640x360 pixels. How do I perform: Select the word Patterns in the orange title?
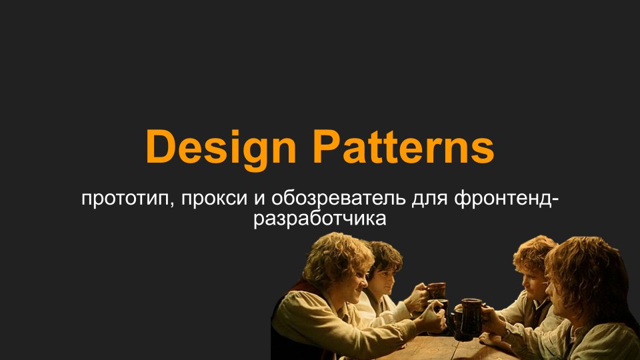tap(404, 146)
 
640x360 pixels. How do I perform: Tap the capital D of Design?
tap(161, 146)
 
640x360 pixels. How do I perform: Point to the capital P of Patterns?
tap(327, 146)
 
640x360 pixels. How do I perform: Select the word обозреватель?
tap(339, 198)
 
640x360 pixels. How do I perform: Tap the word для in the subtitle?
tap(430, 199)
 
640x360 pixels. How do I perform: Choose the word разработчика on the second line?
tap(319, 219)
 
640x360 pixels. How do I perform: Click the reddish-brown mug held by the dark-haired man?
tap(436, 291)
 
